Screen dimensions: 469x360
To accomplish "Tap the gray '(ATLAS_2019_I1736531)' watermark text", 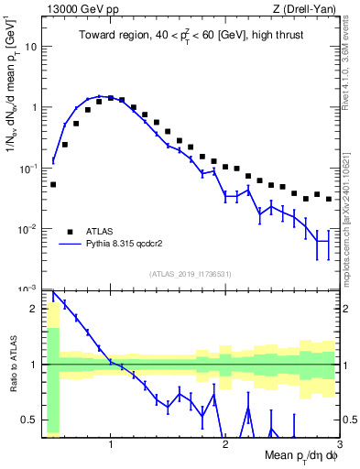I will click(x=191, y=274).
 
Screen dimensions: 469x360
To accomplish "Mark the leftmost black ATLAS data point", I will click(x=53, y=184).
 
